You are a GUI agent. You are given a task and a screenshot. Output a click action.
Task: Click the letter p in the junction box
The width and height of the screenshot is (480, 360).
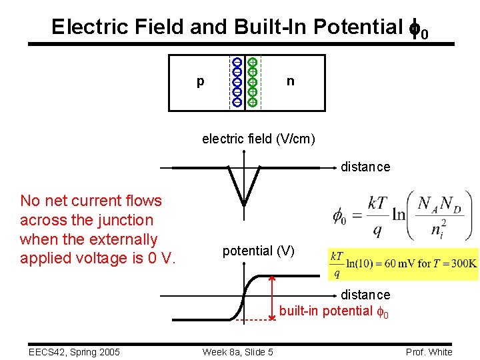point(201,82)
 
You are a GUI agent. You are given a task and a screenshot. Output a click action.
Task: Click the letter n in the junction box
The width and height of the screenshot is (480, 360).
point(290,81)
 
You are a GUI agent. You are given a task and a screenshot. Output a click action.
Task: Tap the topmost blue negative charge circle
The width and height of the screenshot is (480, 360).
point(237,62)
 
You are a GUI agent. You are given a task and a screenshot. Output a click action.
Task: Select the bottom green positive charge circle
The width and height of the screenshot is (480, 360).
point(253,102)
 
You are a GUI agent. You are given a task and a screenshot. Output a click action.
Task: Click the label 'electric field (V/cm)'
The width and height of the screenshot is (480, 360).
point(259,139)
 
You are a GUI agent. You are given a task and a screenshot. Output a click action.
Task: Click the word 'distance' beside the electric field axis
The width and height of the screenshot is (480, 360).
point(365,167)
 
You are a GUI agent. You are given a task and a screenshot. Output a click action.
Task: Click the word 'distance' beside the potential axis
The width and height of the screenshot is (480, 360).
point(365,295)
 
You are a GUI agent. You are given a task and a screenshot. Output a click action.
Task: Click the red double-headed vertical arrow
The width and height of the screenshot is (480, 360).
point(272,298)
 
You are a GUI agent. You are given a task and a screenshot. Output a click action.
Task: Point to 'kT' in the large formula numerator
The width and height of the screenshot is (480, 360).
point(377,203)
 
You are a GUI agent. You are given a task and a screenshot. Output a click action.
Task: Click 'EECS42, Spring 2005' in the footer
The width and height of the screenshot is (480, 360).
point(66,352)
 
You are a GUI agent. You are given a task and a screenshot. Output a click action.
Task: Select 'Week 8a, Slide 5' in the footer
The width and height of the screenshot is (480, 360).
point(237,352)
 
